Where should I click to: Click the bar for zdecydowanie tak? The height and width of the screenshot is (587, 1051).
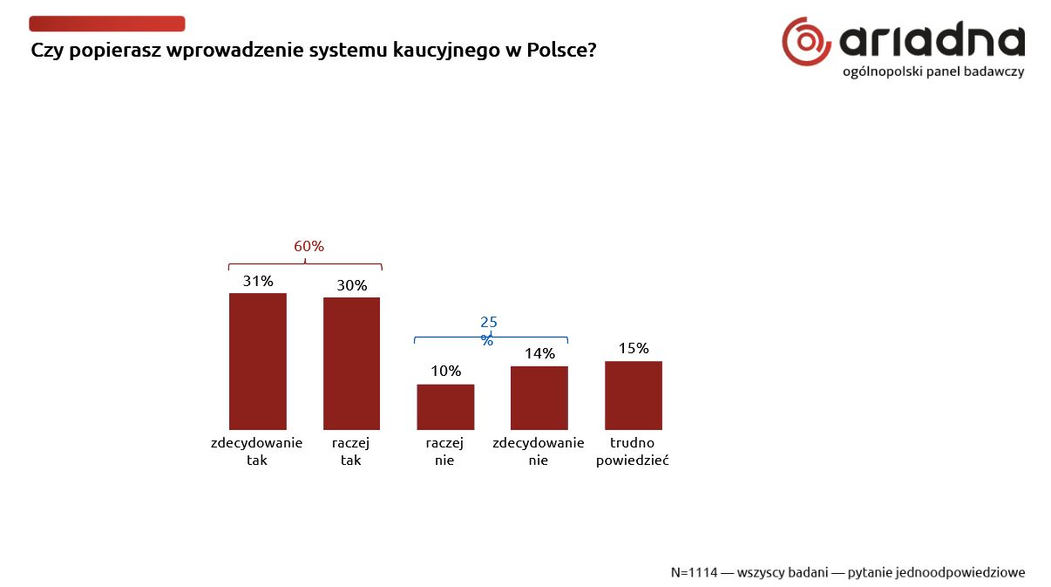[x=257, y=361]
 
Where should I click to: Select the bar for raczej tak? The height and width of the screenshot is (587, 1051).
[x=351, y=364]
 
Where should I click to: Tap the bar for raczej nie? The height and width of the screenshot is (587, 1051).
[x=445, y=406]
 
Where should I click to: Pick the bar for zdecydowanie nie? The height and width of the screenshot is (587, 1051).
[x=539, y=398]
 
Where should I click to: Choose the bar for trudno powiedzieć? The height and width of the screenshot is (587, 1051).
[x=633, y=395]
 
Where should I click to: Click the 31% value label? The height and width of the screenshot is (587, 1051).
[x=258, y=281]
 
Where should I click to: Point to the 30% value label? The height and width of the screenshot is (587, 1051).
[x=352, y=285]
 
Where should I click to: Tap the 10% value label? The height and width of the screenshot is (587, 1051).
[x=445, y=372]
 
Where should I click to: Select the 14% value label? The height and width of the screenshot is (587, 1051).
[x=539, y=353]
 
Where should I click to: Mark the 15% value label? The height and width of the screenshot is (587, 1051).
[x=634, y=348]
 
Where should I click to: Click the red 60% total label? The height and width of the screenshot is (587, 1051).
[x=309, y=247]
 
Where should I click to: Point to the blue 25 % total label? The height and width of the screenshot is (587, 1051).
[x=489, y=331]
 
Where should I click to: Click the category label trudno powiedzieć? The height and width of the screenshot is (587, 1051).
[x=632, y=452]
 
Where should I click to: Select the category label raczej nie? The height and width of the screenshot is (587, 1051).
[x=444, y=452]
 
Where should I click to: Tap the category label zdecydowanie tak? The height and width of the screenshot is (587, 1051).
[x=256, y=452]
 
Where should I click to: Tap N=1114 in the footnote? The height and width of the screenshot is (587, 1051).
[x=694, y=573]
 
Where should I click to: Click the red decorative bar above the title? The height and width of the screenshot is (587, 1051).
[x=107, y=24]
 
